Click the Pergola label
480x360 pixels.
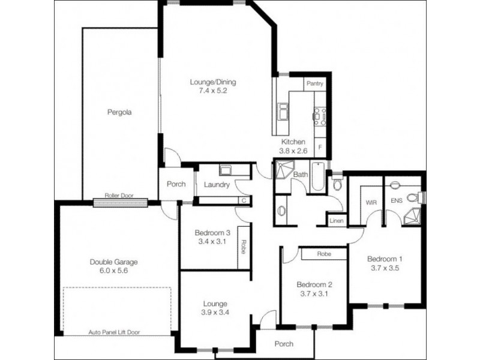point(119,112)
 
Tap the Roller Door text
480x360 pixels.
point(118,196)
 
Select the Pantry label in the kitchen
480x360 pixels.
point(315,84)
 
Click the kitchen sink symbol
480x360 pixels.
point(282,112)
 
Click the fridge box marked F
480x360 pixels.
point(320,147)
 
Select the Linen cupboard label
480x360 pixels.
point(337,221)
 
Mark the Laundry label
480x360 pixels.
point(217,185)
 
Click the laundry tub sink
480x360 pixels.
point(226,170)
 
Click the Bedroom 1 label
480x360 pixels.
point(385,259)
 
